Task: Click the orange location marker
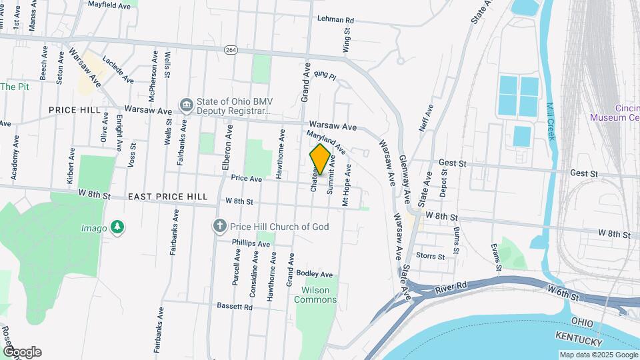[321, 159]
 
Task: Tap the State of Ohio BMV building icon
[186, 105]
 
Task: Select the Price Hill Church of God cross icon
[219, 227]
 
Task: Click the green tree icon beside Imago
[117, 228]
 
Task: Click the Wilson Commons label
[319, 295]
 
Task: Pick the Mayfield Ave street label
[109, 4]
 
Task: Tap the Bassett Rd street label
[235, 307]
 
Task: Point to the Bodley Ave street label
[314, 274]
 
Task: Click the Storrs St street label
[430, 256]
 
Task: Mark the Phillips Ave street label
[251, 244]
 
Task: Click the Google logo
[22, 352]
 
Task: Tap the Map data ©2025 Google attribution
[597, 355]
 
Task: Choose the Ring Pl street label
[325, 76]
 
